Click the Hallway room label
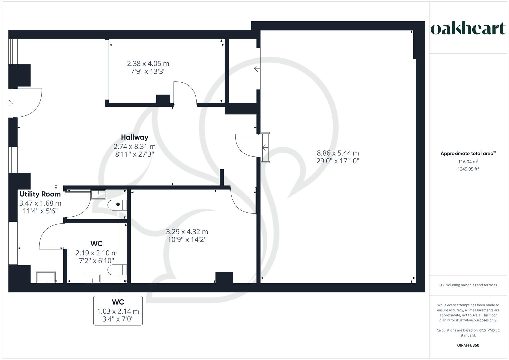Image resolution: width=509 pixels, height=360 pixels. [134, 137]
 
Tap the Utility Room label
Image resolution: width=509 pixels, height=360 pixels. [40, 194]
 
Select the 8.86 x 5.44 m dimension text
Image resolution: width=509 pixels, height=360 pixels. [338, 153]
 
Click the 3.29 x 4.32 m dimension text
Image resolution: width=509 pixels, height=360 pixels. [187, 232]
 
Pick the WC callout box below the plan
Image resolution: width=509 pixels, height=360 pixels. [118, 310]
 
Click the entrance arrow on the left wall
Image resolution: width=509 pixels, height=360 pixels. [10, 103]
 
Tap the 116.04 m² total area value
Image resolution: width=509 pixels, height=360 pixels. [468, 162]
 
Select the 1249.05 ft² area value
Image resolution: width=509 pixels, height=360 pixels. [468, 169]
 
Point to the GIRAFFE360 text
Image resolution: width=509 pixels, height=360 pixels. [468, 345]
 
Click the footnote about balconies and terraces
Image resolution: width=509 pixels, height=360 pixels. [468, 285]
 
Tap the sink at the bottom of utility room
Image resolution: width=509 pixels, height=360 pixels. [46, 277]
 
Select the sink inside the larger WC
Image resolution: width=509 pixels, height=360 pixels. [93, 279]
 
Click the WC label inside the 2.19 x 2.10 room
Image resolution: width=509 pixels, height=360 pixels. [96, 244]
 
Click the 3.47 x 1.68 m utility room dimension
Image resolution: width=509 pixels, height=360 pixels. [40, 203]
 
